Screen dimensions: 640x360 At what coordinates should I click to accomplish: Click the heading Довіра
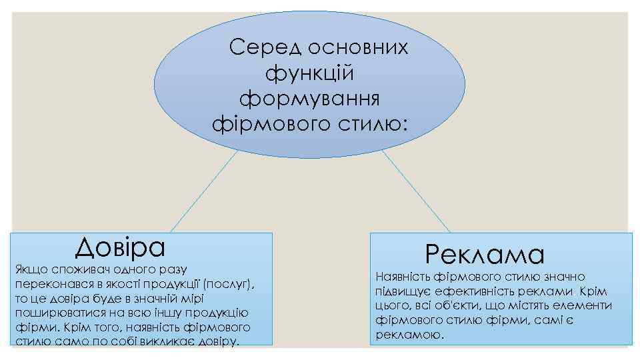coord(120,247)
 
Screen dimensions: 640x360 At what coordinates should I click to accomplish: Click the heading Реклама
coord(485,254)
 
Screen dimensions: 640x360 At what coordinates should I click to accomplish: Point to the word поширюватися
coord(51,313)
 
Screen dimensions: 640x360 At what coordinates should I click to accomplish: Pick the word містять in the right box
coord(509,306)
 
